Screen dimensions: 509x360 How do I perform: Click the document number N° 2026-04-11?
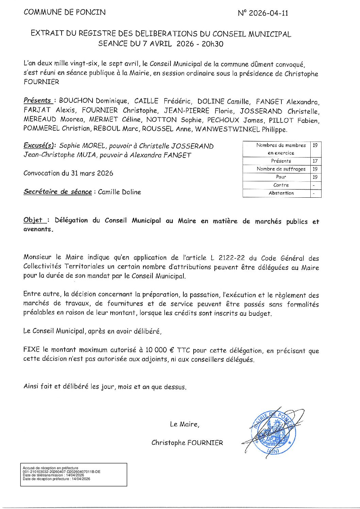coord(263,13)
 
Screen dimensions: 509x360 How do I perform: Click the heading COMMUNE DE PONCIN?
coord(65,12)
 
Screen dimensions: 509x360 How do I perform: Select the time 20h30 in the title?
coord(212,44)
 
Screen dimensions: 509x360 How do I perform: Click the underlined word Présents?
coord(37,100)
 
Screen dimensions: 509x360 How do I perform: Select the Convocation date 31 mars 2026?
coord(92,173)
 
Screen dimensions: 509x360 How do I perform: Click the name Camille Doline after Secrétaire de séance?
coord(119,192)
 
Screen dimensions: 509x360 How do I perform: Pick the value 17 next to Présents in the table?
coord(315,161)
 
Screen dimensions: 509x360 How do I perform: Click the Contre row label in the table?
coord(281,185)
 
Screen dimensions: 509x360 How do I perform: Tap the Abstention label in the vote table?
coord(281,193)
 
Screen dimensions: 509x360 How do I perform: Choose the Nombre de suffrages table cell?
coord(281,169)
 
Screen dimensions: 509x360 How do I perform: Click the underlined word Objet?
coord(33,220)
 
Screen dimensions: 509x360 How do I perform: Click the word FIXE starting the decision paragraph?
coord(32,350)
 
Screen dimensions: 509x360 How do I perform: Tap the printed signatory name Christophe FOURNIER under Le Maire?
coord(187,443)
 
